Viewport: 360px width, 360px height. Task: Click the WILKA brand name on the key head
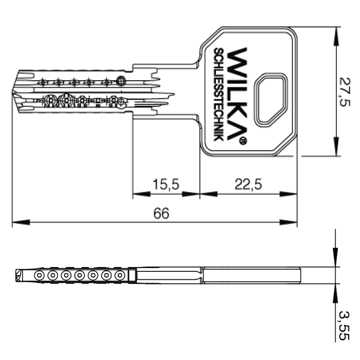[x=237, y=94]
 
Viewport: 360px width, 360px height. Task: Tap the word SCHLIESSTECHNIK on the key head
[x=219, y=94]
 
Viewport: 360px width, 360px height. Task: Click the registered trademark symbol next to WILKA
[x=243, y=141]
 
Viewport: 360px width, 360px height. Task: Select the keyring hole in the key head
[x=270, y=100]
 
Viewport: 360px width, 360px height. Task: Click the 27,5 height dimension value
[x=345, y=92]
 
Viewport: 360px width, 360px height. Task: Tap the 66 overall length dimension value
[x=161, y=213]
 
